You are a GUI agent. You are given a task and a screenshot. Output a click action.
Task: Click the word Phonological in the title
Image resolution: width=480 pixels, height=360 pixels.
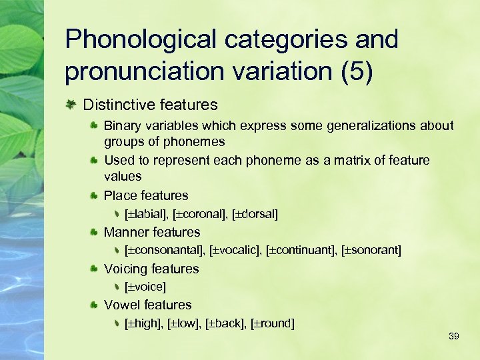(x=140, y=40)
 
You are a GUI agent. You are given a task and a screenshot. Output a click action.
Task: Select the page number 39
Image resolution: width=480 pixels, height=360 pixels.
(x=454, y=336)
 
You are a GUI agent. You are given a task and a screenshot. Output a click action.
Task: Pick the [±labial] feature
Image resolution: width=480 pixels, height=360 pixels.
(x=146, y=214)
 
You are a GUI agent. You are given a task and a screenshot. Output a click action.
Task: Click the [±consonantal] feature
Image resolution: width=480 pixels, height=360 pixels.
(x=165, y=251)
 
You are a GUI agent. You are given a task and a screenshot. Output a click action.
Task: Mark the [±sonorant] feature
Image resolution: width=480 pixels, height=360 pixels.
(x=371, y=251)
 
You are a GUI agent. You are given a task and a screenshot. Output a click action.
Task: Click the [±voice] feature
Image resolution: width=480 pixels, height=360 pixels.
(x=145, y=287)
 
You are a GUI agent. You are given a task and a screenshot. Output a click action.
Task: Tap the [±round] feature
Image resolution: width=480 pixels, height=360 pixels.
(x=272, y=324)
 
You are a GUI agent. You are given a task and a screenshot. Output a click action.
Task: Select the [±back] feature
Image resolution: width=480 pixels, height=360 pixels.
(x=225, y=324)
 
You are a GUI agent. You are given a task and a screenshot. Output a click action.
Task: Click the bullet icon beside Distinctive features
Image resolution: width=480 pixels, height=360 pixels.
(x=71, y=105)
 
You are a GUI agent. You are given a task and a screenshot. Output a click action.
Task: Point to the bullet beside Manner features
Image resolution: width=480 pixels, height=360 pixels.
(x=95, y=232)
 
